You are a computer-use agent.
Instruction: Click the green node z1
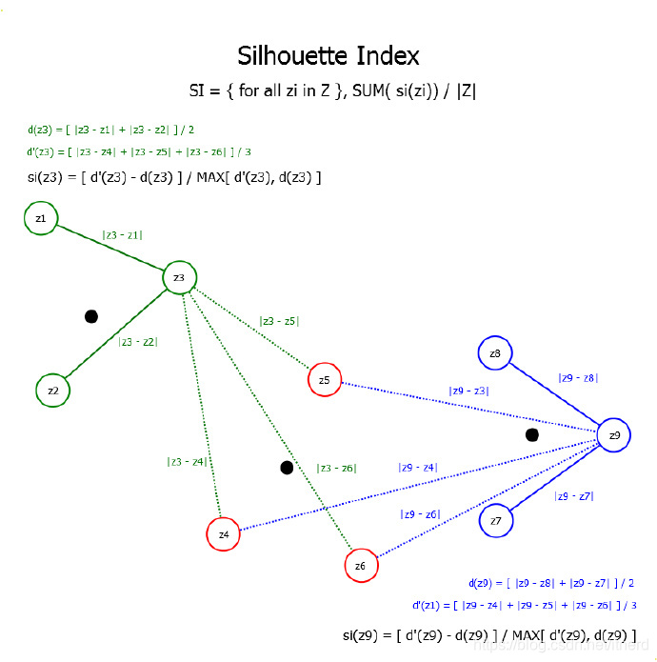point(40,219)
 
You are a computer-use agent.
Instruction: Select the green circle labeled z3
point(179,278)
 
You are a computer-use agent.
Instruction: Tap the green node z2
point(53,391)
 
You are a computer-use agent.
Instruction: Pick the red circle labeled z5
point(325,381)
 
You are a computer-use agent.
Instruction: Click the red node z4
point(224,534)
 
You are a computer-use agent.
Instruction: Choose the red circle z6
point(360,566)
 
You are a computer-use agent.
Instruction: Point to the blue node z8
point(495,354)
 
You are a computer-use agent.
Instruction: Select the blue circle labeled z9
point(614,435)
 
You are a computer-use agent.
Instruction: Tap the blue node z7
point(496,521)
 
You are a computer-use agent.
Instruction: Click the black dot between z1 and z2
point(91,316)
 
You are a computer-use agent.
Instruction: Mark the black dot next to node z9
point(532,435)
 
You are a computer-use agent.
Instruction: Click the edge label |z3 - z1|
point(122,234)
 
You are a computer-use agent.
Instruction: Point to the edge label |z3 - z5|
point(279,321)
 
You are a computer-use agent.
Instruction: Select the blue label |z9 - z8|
point(578,378)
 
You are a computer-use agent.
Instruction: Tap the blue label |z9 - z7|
point(574,495)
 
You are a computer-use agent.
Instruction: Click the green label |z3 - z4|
point(187,462)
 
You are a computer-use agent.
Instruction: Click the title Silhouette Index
point(328,55)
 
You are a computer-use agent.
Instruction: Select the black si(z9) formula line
point(488,635)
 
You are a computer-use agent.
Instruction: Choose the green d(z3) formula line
point(111,130)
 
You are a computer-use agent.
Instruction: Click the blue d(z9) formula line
point(551,583)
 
